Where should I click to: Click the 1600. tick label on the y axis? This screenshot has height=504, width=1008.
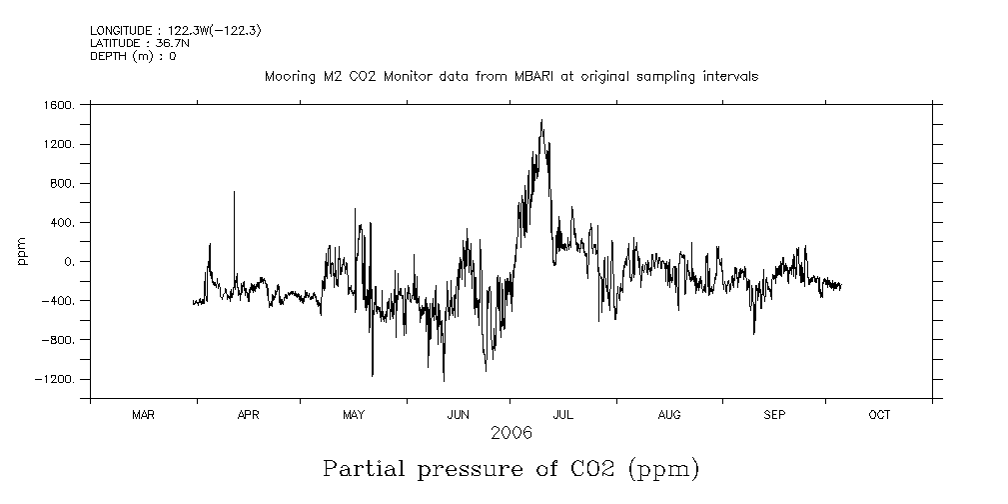pos(59,105)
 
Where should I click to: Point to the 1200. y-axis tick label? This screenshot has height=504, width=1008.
pos(59,144)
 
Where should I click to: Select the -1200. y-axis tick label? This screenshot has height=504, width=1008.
pos(56,379)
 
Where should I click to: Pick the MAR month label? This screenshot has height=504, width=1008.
pos(143,415)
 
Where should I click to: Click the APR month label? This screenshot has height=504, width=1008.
pos(248,415)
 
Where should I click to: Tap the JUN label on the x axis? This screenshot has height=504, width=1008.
pos(459,415)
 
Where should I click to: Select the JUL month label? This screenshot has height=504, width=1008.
pos(563,415)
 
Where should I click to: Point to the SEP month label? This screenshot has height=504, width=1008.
pos(774,415)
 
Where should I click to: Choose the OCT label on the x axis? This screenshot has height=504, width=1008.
pos(879,415)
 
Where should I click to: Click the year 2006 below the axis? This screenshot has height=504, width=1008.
pos(510,433)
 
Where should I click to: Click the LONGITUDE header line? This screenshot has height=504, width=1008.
pos(176,31)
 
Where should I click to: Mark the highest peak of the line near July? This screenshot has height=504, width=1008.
pos(541,121)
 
